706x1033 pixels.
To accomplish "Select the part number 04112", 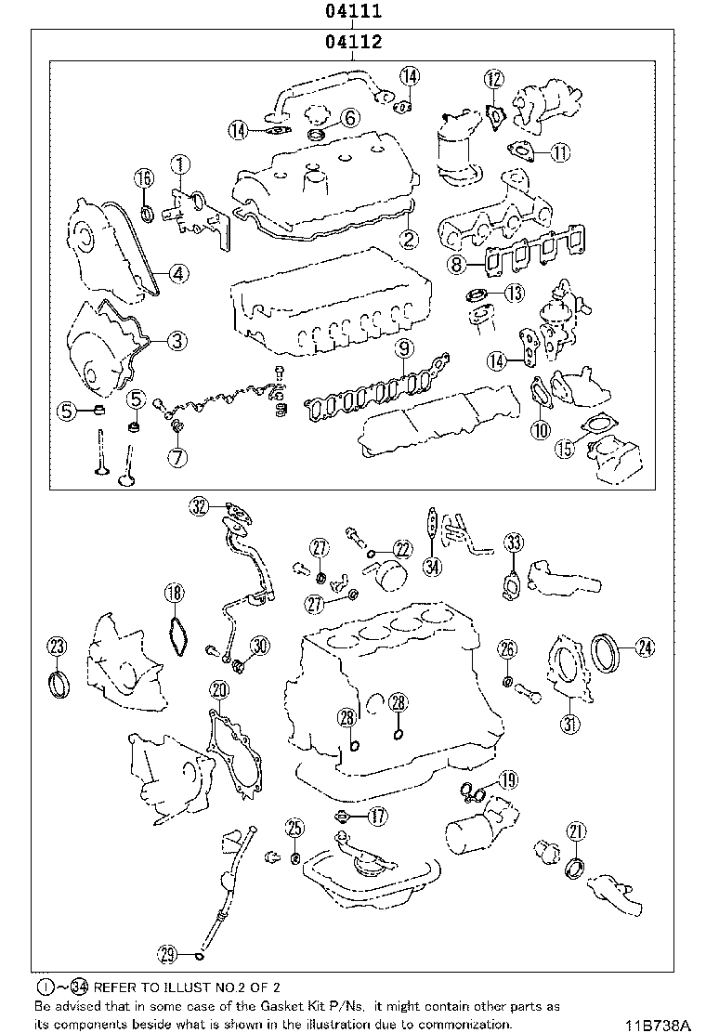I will pos(354,42).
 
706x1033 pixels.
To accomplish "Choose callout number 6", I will pos(348,117).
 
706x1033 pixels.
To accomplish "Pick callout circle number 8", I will pos(456,266).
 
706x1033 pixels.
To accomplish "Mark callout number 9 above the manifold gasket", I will pos(402,349).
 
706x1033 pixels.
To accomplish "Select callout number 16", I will pos(143,178).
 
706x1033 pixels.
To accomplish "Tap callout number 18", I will pos(174,592).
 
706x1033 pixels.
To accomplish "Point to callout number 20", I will pos(218,689).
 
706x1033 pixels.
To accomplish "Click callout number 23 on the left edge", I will pos(58,647).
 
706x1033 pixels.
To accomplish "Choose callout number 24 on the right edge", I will pos(644,647).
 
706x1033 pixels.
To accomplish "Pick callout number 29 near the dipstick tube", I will pos(167,953).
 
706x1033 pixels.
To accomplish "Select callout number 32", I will pos(199,506).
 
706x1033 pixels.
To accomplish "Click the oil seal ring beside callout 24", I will pos(605,647).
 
